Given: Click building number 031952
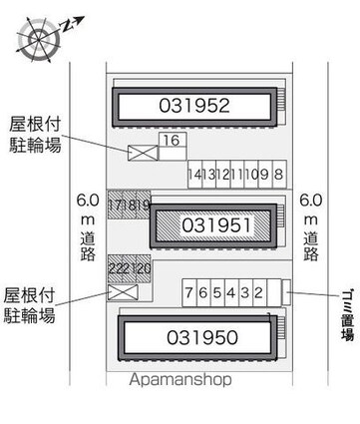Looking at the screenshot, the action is click(x=194, y=106).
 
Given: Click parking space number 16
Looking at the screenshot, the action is click(x=171, y=142).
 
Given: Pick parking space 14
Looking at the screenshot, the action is click(x=193, y=175).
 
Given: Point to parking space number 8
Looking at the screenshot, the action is click(x=278, y=175).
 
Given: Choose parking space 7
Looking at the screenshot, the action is click(x=188, y=292).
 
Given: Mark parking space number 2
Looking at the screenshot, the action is click(x=258, y=292).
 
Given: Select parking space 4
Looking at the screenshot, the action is click(x=230, y=292).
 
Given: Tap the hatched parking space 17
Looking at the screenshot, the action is click(x=116, y=205).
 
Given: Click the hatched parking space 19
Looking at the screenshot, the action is click(x=144, y=205).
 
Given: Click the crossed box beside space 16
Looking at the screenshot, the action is click(x=140, y=153).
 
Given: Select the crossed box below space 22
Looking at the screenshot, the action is click(x=123, y=294).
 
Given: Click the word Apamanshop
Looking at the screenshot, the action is click(x=180, y=380).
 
